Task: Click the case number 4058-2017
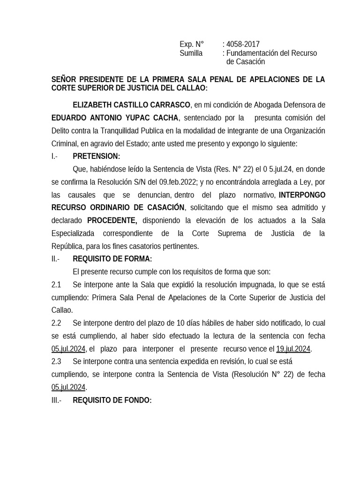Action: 243,45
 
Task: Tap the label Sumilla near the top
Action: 191,53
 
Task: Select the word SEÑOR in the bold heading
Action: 64,79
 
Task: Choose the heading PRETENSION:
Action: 96,156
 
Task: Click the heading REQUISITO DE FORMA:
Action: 112,259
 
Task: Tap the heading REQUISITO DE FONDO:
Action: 112,400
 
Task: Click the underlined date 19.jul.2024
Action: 293,349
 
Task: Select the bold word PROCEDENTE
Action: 112,220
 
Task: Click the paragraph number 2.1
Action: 56,285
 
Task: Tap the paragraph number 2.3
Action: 56,361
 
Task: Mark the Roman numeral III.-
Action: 56,400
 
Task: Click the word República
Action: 68,246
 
